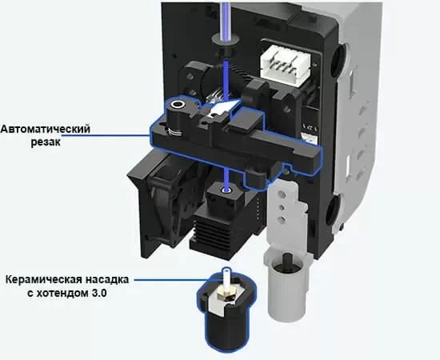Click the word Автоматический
coord(45,129)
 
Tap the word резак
coord(46,142)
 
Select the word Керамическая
coord(44,280)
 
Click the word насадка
coord(107,280)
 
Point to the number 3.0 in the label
coord(98,294)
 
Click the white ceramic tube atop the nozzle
coord(226,276)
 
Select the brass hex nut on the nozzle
coord(226,294)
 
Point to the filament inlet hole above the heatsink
coord(226,190)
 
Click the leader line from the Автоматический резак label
coord(106,135)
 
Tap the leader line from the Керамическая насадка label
coord(170,279)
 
